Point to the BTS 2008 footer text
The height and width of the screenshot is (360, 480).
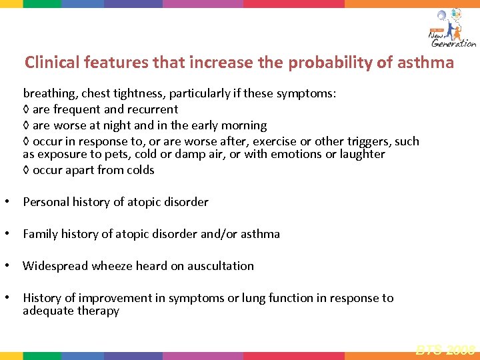(x=445, y=348)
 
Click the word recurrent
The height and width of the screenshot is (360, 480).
(x=152, y=109)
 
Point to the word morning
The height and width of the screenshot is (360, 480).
(x=244, y=125)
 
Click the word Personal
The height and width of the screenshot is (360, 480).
(x=45, y=202)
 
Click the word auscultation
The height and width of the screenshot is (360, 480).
(x=221, y=266)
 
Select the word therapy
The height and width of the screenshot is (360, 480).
(x=98, y=311)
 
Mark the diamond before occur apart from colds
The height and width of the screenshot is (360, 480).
(x=26, y=170)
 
